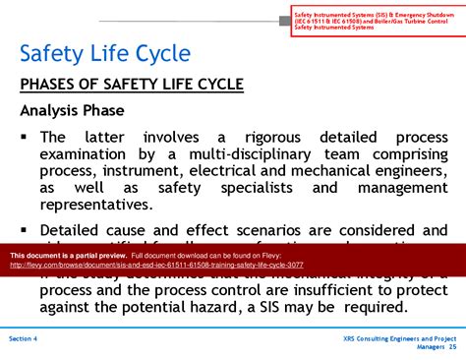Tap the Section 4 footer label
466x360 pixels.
pyautogui.click(x=24, y=337)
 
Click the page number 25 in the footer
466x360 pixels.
pyautogui.click(x=452, y=346)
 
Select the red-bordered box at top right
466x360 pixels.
pyautogui.click(x=375, y=19)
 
